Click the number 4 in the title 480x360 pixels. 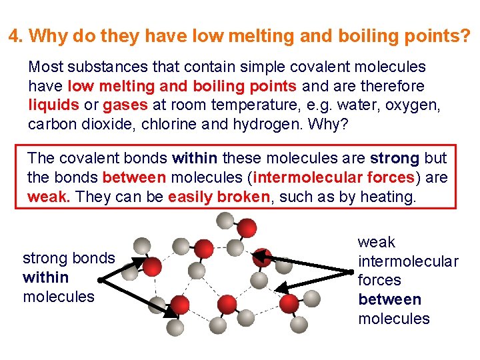click(13, 35)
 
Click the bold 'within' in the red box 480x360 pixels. click(195, 159)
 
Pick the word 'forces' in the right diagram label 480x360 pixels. click(380, 280)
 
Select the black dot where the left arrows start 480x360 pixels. click(99, 281)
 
